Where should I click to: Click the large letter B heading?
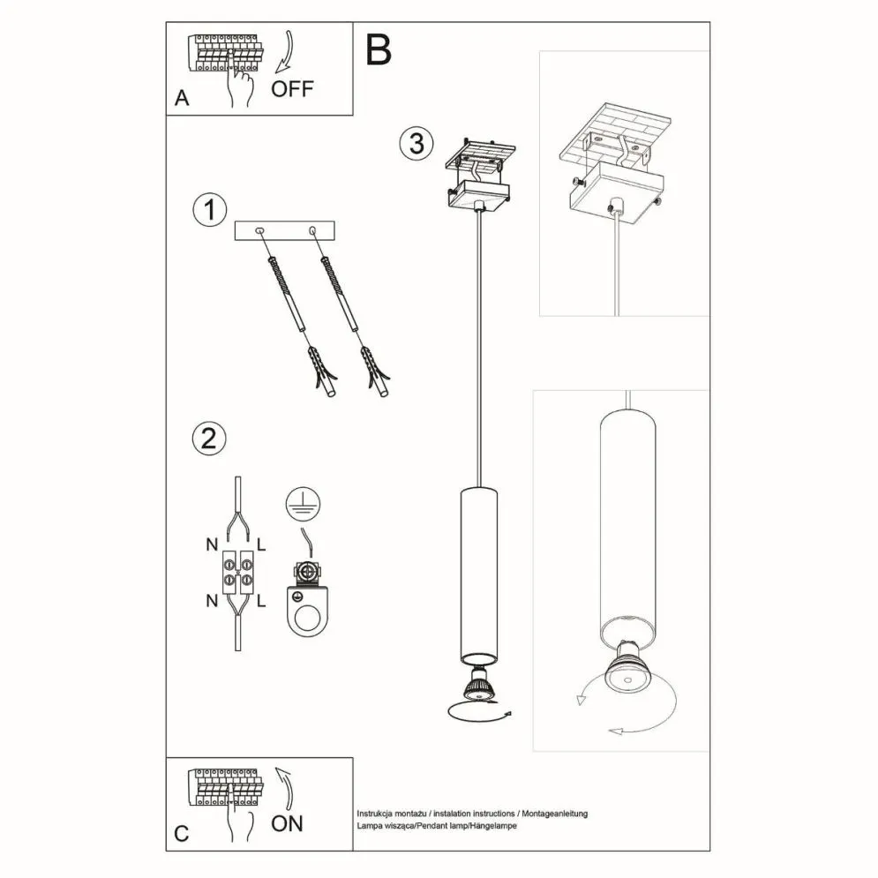click(x=378, y=50)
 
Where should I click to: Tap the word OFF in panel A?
click(x=291, y=88)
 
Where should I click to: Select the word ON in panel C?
click(x=287, y=823)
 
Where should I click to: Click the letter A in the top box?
click(x=182, y=99)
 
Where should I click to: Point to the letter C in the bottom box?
click(x=181, y=834)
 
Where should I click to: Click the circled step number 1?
click(x=209, y=210)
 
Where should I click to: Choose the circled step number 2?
click(x=209, y=439)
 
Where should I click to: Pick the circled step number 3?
click(x=416, y=143)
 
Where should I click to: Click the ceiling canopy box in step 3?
click(x=477, y=196)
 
